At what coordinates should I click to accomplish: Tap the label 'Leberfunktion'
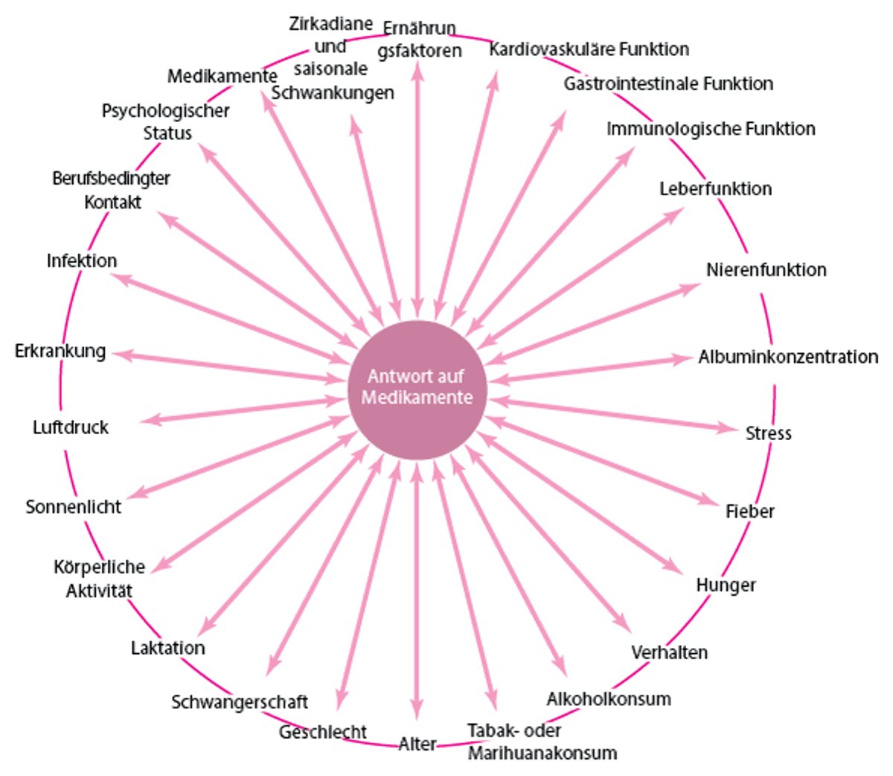pyautogui.click(x=715, y=188)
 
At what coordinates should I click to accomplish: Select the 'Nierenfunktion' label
pyautogui.click(x=766, y=270)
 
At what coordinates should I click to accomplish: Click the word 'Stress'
pyautogui.click(x=768, y=433)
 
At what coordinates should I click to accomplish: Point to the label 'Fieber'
pyautogui.click(x=750, y=512)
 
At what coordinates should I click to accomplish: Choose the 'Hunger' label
pyautogui.click(x=726, y=585)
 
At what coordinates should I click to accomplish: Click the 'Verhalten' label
pyautogui.click(x=669, y=652)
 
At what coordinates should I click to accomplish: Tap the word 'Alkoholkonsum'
pyautogui.click(x=609, y=699)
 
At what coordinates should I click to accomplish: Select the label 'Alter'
pyautogui.click(x=417, y=744)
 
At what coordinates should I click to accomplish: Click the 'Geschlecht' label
pyautogui.click(x=323, y=732)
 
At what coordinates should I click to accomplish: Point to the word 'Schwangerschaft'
pyautogui.click(x=240, y=702)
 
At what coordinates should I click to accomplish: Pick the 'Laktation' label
pyautogui.click(x=168, y=648)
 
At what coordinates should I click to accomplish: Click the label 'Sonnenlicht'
pyautogui.click(x=74, y=507)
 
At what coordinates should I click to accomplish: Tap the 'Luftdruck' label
pyautogui.click(x=71, y=427)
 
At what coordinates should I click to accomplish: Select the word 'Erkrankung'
pyautogui.click(x=60, y=351)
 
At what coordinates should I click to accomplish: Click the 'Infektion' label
pyautogui.click(x=82, y=261)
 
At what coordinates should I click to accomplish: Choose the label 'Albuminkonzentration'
pyautogui.click(x=788, y=357)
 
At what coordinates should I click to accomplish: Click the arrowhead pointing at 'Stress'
pyautogui.click(x=729, y=428)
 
